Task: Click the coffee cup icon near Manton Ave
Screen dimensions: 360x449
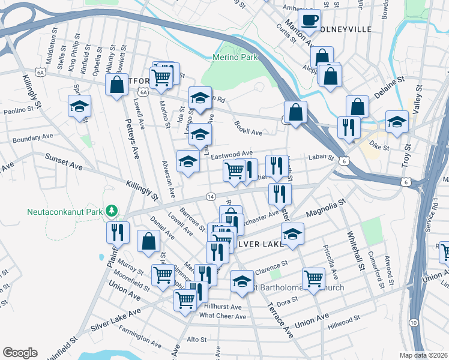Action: [310, 20]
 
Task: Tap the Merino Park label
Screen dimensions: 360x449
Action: [235, 57]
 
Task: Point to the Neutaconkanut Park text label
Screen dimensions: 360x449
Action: [65, 211]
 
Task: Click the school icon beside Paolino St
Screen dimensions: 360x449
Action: [79, 107]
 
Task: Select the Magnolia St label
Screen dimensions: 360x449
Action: [326, 211]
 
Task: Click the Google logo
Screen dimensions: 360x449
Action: [20, 352]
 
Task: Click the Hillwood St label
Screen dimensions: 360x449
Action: [343, 323]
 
